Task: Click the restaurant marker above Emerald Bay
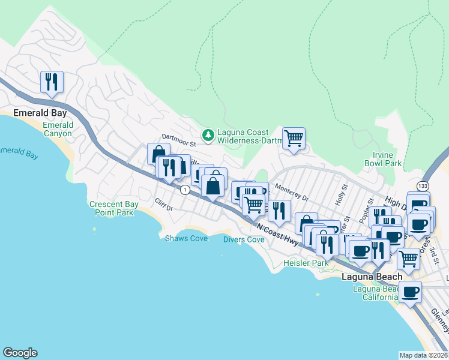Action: point(52,82)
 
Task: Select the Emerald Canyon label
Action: point(58,129)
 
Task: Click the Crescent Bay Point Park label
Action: point(114,208)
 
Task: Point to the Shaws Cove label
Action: point(186,238)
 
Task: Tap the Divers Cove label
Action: point(244,239)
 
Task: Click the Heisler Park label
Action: point(306,263)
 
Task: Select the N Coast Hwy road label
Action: point(277,233)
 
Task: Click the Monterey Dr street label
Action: point(292,193)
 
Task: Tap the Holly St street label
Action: point(341,196)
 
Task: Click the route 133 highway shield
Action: point(423,186)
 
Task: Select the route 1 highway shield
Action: point(185,190)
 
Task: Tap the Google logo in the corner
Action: point(20,353)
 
